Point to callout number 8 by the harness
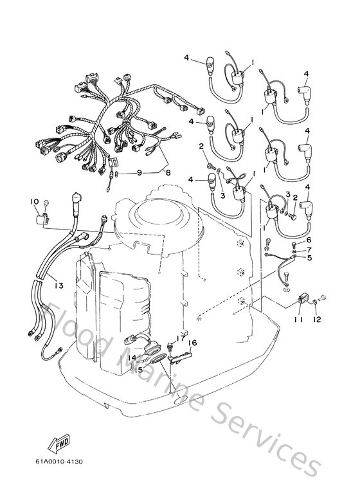168,172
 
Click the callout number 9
138,172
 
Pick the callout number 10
35,202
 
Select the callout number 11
298,319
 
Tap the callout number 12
316,319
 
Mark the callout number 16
192,343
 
